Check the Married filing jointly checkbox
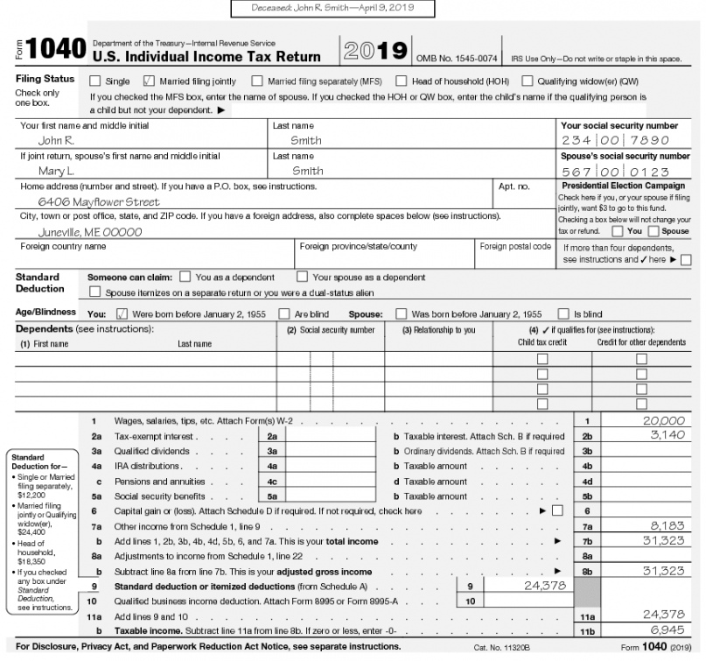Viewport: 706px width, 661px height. [x=148, y=81]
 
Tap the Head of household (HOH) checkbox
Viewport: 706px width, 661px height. [x=401, y=81]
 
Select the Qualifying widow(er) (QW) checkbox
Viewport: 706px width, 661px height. [x=527, y=81]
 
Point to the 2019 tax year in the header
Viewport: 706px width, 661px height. [x=377, y=51]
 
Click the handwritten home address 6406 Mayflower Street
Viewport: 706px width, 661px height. [x=99, y=201]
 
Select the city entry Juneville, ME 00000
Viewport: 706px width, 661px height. [x=90, y=233]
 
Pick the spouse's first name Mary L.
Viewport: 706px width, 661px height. [x=56, y=172]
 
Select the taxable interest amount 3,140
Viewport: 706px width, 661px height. [x=667, y=435]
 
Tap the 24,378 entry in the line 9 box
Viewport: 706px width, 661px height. [x=544, y=585]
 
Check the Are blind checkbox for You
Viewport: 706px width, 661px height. [x=283, y=314]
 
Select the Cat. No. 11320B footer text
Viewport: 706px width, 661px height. [x=502, y=648]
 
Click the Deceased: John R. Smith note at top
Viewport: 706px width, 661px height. [x=332, y=8]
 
